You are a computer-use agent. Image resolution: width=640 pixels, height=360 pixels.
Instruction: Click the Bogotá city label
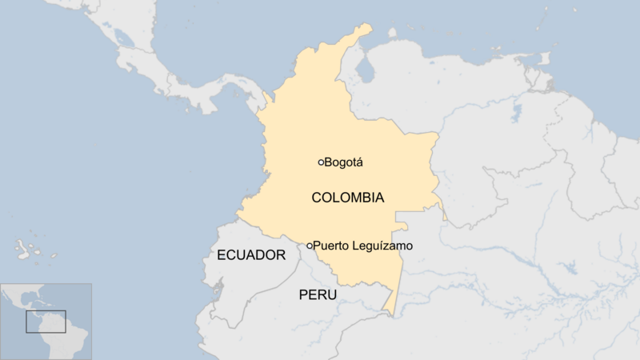(x=343, y=162)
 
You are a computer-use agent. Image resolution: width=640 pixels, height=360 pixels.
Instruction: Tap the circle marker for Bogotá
(x=321, y=162)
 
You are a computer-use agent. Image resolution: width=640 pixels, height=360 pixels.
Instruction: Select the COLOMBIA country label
(x=347, y=198)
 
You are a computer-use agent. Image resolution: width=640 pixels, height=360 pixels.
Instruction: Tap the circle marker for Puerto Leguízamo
(x=310, y=246)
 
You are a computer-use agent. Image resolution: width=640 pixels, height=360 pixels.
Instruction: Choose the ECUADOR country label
(x=251, y=255)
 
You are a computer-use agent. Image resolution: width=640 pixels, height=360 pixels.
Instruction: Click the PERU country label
(x=318, y=295)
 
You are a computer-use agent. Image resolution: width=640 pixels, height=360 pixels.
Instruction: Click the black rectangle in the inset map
(x=45, y=322)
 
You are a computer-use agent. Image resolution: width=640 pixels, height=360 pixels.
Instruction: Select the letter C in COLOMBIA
(x=316, y=198)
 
